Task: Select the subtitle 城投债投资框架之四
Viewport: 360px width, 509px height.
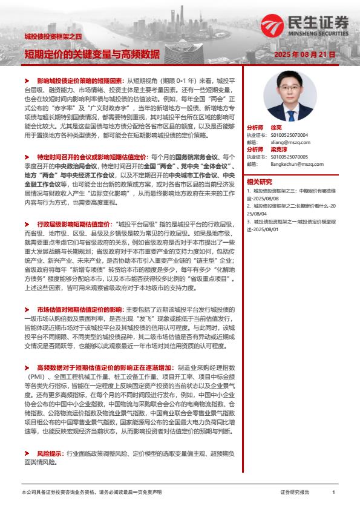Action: pyautogui.click(x=49, y=38)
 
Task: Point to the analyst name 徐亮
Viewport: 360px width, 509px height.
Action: pyautogui.click(x=275, y=128)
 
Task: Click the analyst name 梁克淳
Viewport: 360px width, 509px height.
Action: pyautogui.click(x=279, y=149)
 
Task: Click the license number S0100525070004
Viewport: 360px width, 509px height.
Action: pyautogui.click(x=289, y=136)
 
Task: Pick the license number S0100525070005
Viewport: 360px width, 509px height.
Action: pyautogui.click(x=289, y=156)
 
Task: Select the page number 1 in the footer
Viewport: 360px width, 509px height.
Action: pyautogui.click(x=333, y=492)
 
